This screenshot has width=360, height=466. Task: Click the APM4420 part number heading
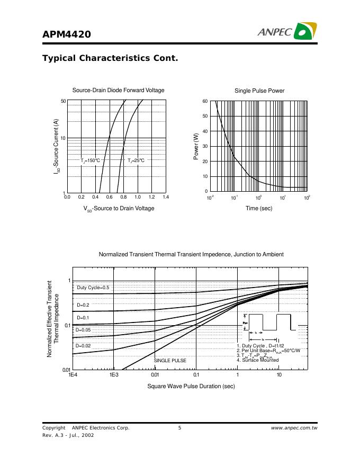[67, 34]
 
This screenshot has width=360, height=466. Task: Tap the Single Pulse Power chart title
[259, 91]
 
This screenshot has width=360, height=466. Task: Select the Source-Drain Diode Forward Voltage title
[118, 91]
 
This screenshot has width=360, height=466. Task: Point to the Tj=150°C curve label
[90, 160]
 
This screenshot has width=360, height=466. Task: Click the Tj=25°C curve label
[136, 160]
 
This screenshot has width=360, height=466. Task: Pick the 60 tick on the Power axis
[205, 101]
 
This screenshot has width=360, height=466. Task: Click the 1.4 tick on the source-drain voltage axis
[165, 197]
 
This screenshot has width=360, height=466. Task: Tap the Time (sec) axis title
[259, 209]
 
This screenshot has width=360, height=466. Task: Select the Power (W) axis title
[196, 147]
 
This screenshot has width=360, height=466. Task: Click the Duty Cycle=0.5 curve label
[93, 288]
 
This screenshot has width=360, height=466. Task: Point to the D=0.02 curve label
[83, 346]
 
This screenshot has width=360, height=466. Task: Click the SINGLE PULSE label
[170, 361]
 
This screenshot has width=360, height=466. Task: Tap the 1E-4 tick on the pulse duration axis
[73, 375]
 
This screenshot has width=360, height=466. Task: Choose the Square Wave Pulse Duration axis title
[191, 386]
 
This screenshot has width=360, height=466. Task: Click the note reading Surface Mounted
[258, 360]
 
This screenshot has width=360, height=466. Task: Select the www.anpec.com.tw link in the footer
[294, 428]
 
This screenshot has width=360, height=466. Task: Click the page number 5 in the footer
[179, 428]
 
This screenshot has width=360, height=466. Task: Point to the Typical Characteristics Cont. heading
[110, 58]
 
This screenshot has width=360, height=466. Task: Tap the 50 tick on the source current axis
[64, 101]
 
